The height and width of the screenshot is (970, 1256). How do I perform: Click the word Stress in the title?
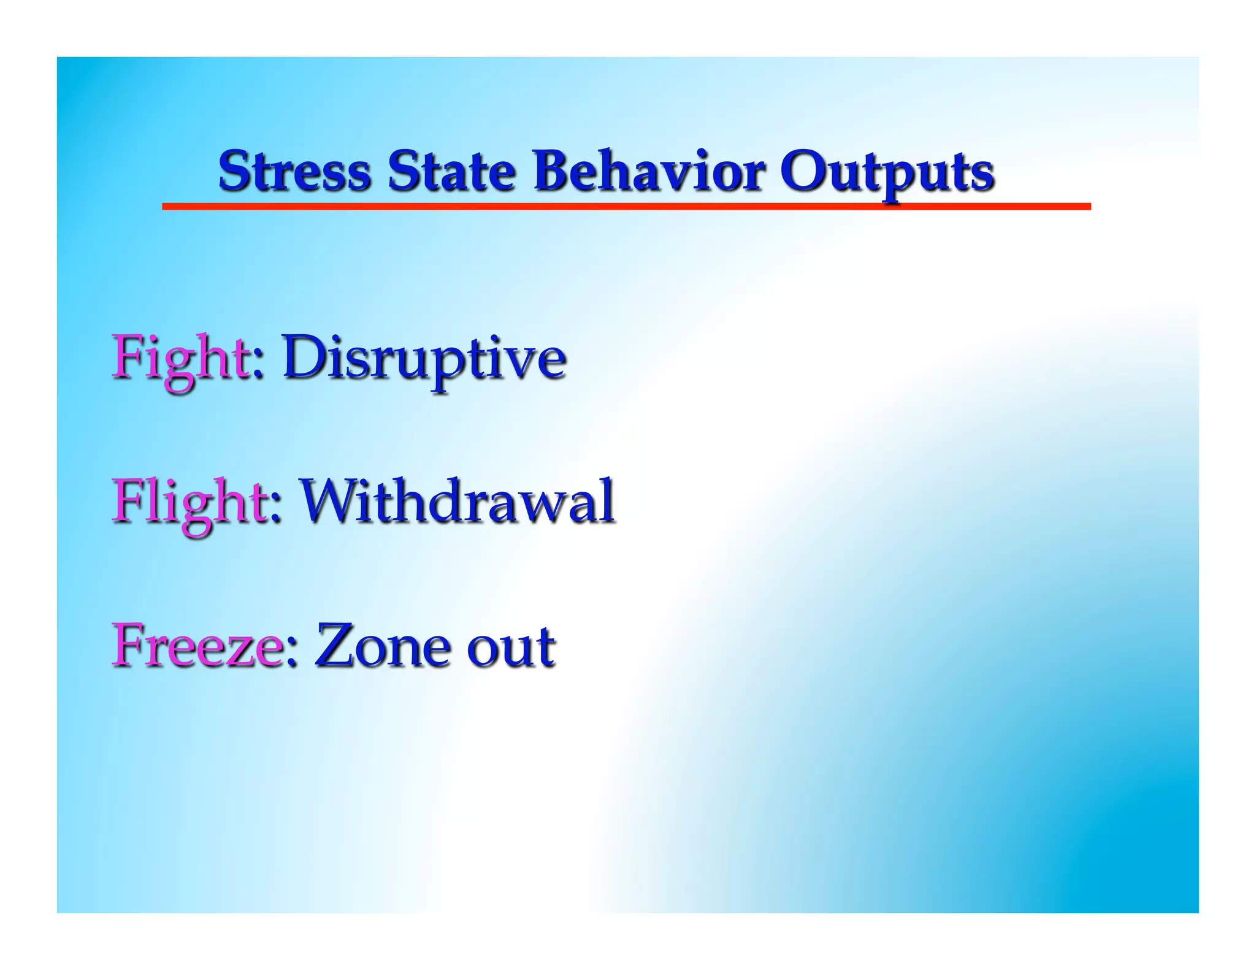[x=294, y=171]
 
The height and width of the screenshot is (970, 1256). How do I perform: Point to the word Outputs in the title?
[x=886, y=172]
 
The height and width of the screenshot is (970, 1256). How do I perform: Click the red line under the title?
[x=626, y=207]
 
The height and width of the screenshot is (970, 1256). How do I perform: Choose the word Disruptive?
[x=423, y=358]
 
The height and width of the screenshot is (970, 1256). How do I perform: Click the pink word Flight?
[x=188, y=503]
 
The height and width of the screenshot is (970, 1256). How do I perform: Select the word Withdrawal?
[x=457, y=503]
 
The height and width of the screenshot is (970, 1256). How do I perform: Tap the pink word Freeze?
[x=196, y=646]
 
